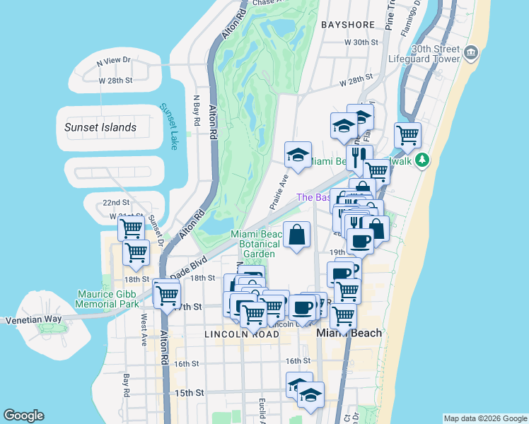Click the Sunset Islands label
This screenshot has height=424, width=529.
tap(100, 127)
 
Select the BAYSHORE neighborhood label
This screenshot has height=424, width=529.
tap(347, 25)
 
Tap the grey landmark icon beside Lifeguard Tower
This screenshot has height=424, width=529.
tap(470, 54)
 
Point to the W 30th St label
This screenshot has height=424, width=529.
tap(361, 42)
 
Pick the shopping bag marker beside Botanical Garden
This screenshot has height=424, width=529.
tap(297, 235)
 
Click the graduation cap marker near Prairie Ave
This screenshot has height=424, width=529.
tap(298, 155)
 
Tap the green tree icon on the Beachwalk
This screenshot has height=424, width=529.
tap(422, 160)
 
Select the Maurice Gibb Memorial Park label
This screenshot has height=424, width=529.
tap(108, 298)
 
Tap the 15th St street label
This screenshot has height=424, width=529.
tap(190, 392)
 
